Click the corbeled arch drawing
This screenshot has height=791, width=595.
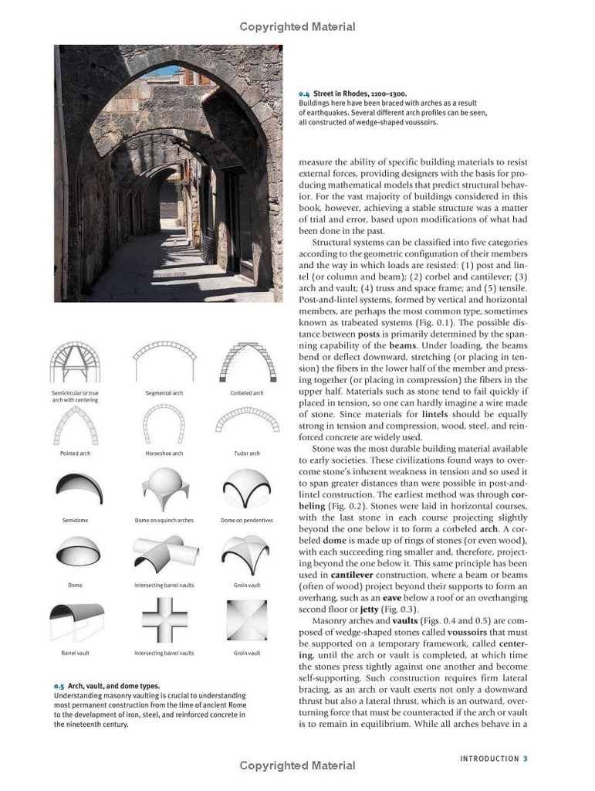tap(246, 363)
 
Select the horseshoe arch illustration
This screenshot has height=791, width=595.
tap(164, 424)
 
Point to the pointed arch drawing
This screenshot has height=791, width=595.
tap(75, 424)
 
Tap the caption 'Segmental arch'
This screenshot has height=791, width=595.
tap(164, 393)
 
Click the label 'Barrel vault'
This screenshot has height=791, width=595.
tap(75, 653)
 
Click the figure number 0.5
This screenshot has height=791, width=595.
tap(59, 686)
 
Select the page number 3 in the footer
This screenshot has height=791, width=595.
tap(525, 759)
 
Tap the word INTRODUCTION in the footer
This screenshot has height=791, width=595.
tap(489, 759)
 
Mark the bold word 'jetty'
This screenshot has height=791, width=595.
tap(369, 609)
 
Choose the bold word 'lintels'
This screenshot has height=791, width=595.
tap(440, 414)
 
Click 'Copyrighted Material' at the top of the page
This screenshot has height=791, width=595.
tap(297, 27)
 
